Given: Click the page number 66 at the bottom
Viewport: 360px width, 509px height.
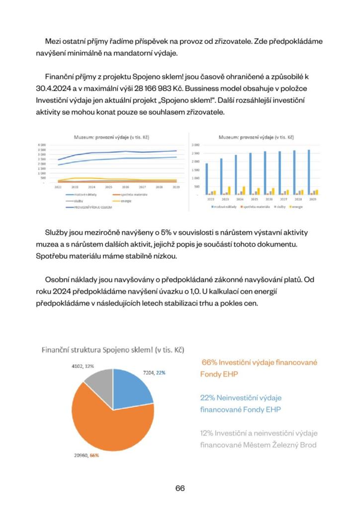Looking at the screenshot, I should (x=180, y=488).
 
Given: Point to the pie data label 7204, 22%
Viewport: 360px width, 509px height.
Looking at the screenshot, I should (x=155, y=372).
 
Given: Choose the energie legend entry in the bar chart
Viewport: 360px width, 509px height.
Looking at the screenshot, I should (x=297, y=205).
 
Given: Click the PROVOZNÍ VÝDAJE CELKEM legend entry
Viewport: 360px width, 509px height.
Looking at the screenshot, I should (x=90, y=207).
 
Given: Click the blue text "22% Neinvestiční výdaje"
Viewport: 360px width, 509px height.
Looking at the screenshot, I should (x=244, y=398).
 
